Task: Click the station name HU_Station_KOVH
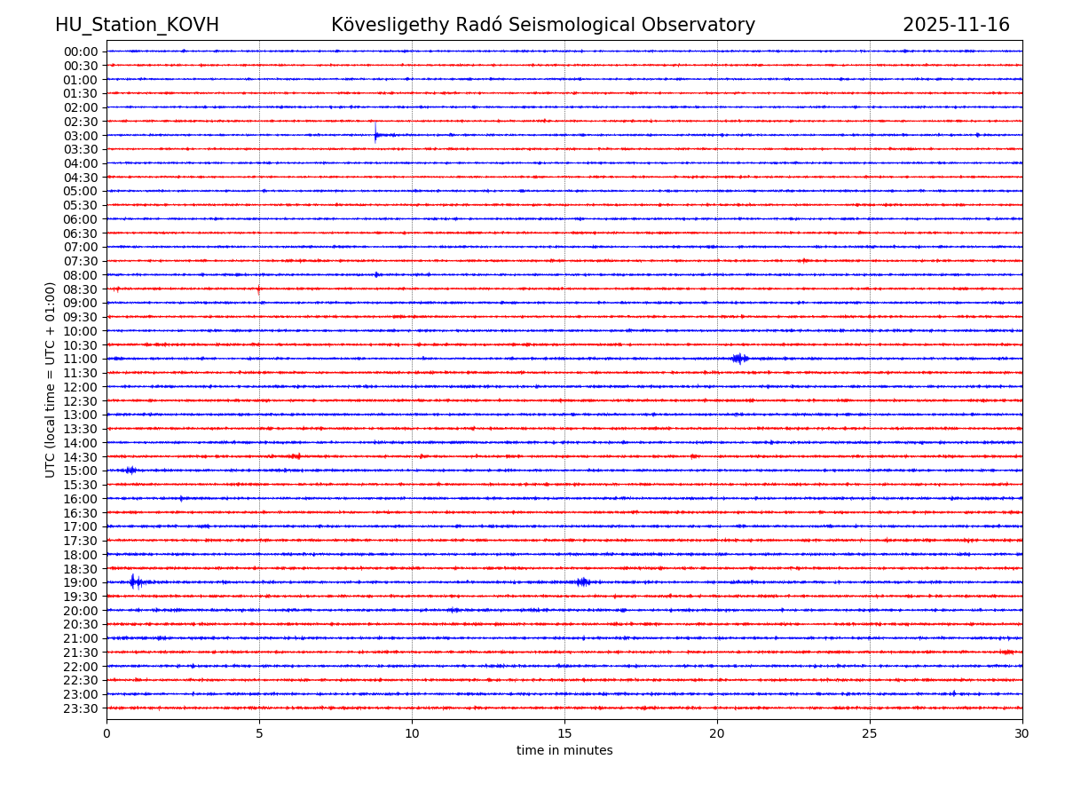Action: tap(137, 25)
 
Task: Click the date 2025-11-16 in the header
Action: tap(956, 25)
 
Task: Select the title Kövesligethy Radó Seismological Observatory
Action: tap(543, 25)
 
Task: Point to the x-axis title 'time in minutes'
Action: tap(564, 750)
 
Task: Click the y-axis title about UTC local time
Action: tap(51, 379)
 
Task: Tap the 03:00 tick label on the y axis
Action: tap(81, 135)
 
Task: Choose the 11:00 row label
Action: tap(81, 359)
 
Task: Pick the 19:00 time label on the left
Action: tap(81, 582)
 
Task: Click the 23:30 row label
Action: tap(81, 708)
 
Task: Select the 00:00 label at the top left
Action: tap(81, 51)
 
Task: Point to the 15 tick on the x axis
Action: tap(564, 733)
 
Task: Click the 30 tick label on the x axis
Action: tap(1022, 733)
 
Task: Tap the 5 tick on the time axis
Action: tap(259, 733)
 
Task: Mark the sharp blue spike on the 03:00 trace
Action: tap(375, 134)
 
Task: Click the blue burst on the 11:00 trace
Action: tap(739, 359)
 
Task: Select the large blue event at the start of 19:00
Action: tap(133, 581)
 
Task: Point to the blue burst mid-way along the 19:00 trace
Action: tap(582, 582)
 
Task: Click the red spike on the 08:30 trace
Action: tap(258, 289)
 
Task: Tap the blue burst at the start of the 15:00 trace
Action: tap(130, 471)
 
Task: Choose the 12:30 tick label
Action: tap(81, 400)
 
